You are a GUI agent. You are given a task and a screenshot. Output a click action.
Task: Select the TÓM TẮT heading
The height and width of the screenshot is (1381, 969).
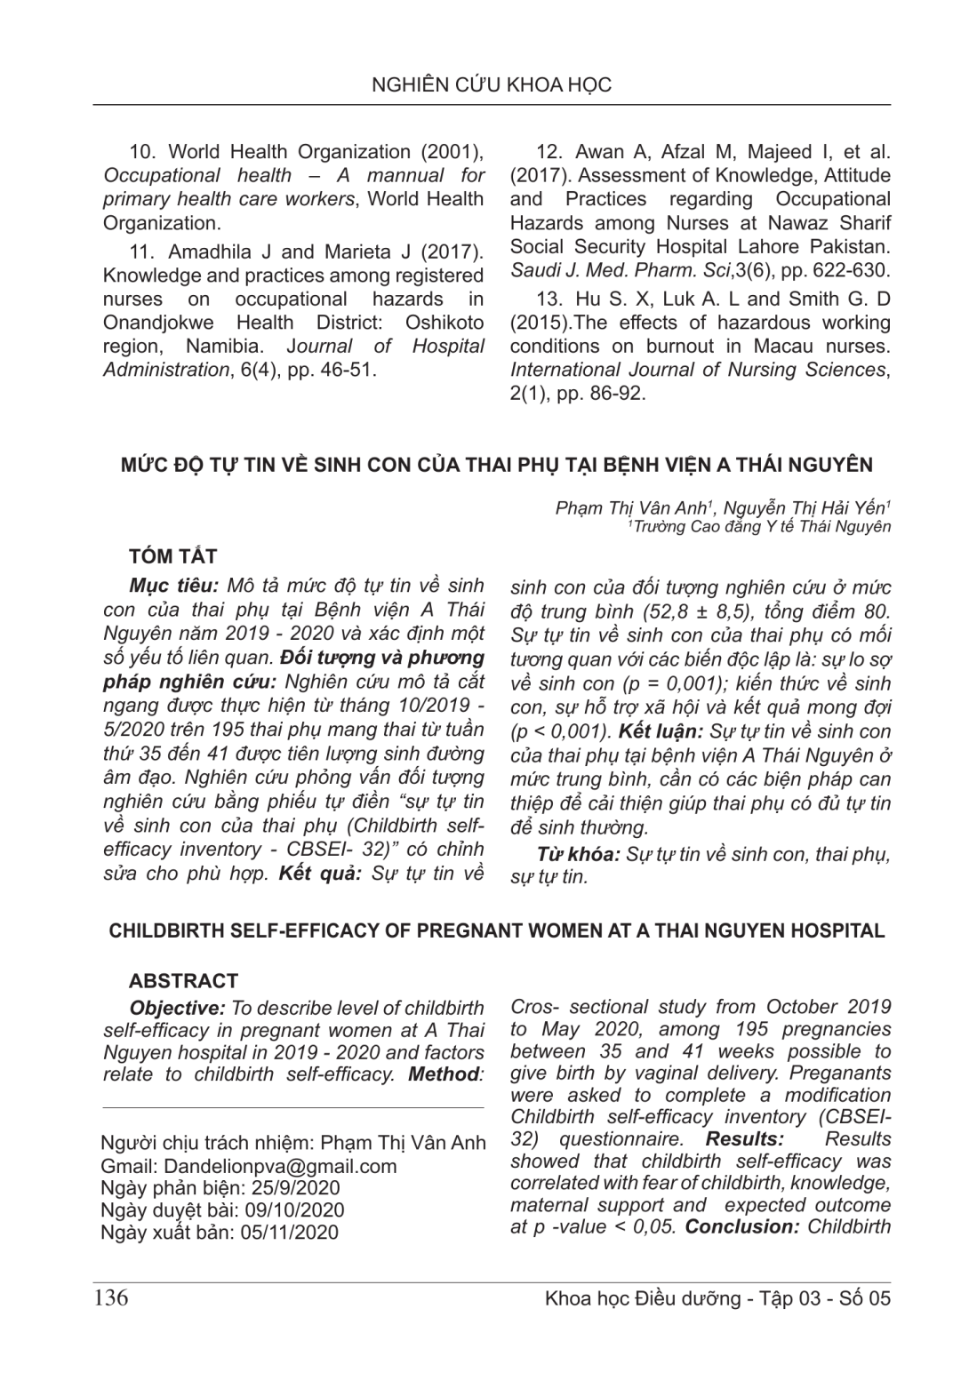click(172, 556)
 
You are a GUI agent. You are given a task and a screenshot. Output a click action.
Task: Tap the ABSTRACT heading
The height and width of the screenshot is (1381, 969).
click(183, 981)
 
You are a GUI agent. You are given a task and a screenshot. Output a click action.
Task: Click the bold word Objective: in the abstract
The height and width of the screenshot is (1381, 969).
click(176, 1009)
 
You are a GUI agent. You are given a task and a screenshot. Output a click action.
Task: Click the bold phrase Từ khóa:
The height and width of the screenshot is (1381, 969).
click(579, 855)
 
